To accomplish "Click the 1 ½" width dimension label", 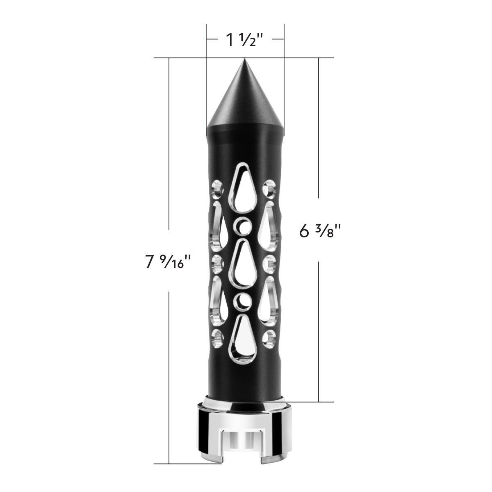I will point(245,40).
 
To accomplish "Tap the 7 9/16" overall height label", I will point(168,261).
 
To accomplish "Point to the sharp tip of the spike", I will point(245,59).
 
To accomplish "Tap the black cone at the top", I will point(245,102).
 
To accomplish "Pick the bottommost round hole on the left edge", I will point(217,337).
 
